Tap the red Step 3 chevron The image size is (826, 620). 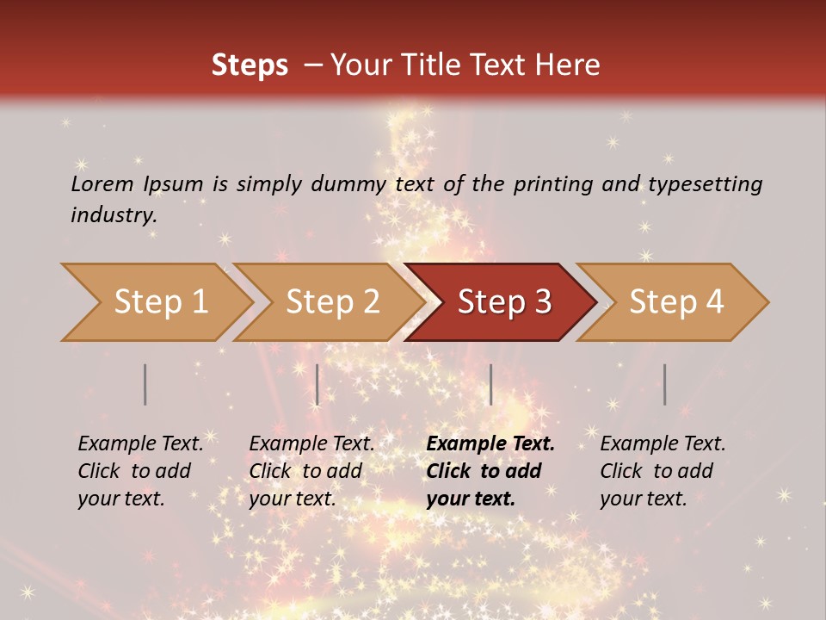(504, 302)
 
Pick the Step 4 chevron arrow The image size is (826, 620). (676, 302)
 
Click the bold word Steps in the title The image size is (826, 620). (250, 65)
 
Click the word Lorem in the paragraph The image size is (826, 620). (102, 183)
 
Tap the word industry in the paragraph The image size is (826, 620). (114, 214)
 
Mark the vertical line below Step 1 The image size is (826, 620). (145, 384)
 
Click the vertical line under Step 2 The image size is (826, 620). (317, 384)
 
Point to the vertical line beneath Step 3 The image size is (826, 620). (490, 384)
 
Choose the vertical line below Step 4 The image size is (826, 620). (664, 384)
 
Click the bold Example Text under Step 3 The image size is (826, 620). (490, 444)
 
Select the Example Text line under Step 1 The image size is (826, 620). (140, 444)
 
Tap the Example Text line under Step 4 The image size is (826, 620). (663, 444)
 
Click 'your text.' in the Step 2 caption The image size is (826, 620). (292, 499)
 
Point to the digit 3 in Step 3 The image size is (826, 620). (542, 302)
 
